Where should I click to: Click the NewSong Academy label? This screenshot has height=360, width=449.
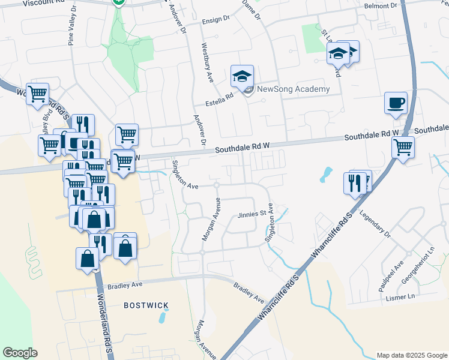(x=294, y=89)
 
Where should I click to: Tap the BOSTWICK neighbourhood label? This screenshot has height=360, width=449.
(x=146, y=305)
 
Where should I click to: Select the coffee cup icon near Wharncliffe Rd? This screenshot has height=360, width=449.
(x=396, y=103)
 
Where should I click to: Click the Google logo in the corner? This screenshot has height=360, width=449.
(x=20, y=353)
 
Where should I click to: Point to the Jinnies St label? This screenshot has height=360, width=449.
(x=252, y=214)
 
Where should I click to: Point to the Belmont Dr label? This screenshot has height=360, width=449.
(x=381, y=5)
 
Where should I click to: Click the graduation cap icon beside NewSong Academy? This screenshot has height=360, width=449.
(x=242, y=76)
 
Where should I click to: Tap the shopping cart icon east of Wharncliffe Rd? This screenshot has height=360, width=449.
(x=403, y=147)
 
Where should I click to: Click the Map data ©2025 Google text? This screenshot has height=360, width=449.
(x=411, y=355)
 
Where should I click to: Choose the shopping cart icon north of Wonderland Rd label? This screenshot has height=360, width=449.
(x=37, y=94)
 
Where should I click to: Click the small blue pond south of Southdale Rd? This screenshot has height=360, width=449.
(x=326, y=175)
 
